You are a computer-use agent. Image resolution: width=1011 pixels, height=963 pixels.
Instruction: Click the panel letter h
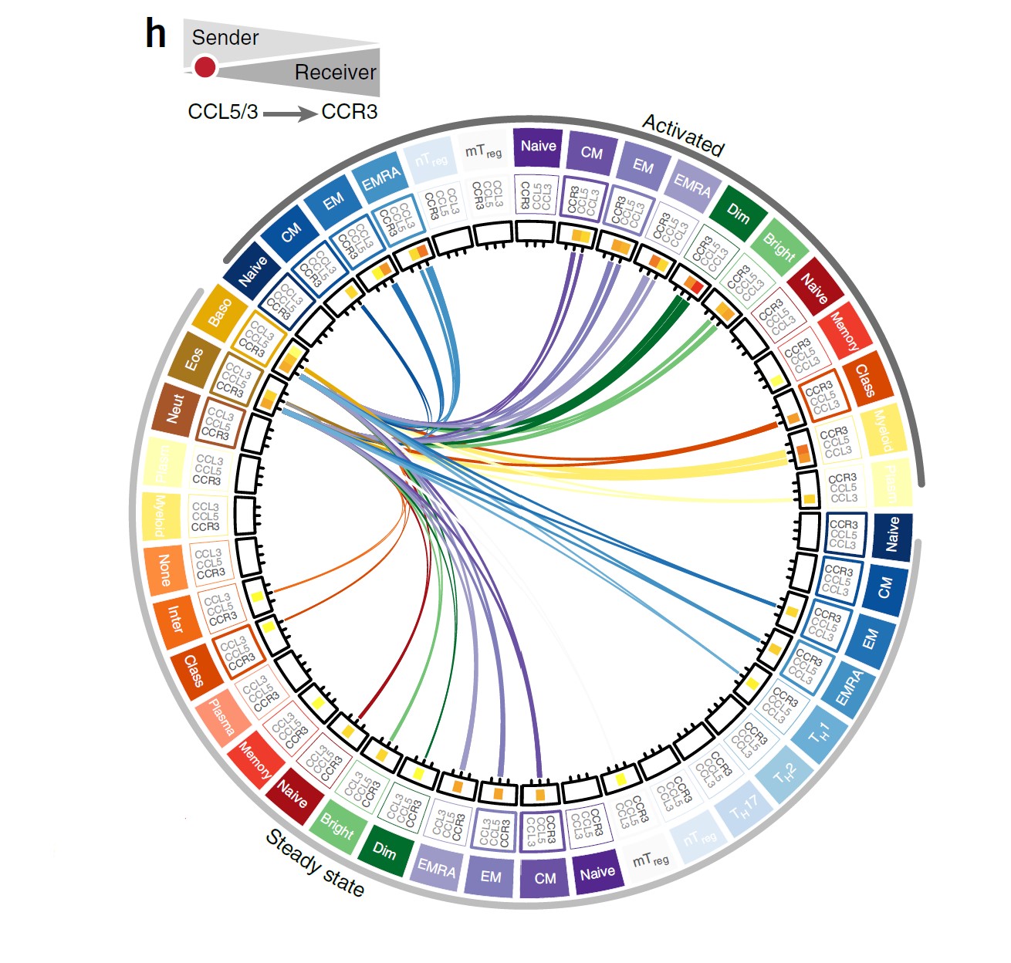tap(156, 35)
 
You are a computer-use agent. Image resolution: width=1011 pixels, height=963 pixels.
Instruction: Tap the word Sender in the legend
tap(225, 38)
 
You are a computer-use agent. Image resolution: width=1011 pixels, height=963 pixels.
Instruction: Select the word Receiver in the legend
tap(335, 73)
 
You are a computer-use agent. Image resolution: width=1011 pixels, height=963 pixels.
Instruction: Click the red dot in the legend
tap(205, 68)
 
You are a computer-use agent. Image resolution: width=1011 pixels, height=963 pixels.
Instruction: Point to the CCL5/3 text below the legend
tap(222, 112)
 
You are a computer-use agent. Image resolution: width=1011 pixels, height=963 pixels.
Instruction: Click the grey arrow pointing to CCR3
tap(289, 114)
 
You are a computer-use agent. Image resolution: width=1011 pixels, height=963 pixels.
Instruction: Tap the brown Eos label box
tap(193, 359)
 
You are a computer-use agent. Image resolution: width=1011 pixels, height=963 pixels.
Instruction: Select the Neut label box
tap(175, 408)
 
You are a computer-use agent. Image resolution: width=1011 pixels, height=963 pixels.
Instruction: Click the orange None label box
tap(164, 569)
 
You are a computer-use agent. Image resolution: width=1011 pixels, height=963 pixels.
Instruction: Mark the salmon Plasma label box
tap(222, 718)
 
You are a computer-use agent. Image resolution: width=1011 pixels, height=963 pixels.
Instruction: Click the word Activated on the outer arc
tap(683, 135)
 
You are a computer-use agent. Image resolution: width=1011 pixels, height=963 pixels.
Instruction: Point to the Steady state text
tap(314, 863)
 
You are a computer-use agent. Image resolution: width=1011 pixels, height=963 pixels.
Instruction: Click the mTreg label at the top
tap(483, 152)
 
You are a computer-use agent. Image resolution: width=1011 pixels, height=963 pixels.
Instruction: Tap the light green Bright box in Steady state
tap(337, 827)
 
